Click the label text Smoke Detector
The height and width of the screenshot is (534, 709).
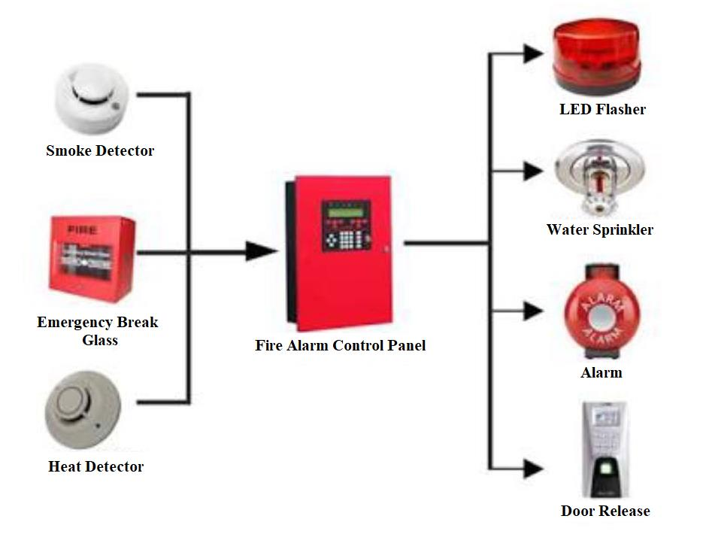pos(100,150)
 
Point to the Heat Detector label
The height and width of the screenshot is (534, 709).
pos(95,466)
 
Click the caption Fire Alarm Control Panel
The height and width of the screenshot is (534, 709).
pos(341,346)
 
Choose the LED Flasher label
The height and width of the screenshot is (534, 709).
pos(602,109)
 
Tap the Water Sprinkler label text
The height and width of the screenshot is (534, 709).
pos(600,229)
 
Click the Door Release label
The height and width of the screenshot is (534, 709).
pos(605,511)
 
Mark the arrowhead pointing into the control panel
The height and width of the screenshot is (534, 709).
pos(259,251)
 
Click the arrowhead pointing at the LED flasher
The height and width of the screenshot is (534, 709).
pos(533,53)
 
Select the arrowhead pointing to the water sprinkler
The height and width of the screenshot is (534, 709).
pos(533,170)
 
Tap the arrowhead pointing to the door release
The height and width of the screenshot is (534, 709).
pos(533,469)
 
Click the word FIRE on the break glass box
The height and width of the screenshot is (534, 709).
pos(79,226)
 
